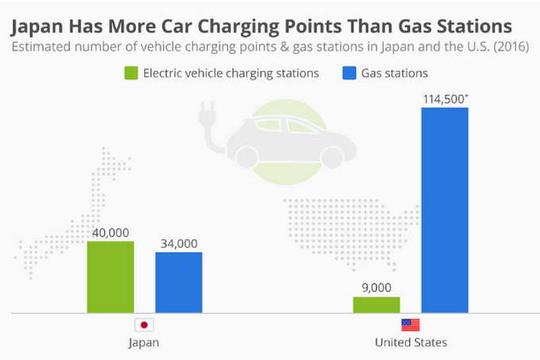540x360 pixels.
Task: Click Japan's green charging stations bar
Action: pos(110,276)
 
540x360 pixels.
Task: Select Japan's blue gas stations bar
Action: pos(179,282)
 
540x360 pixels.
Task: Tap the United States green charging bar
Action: pos(376,304)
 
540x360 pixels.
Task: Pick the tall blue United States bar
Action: pos(445,210)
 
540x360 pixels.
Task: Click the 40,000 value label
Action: pos(110,233)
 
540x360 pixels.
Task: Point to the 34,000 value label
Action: pos(179,244)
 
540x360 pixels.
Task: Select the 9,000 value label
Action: pos(376,288)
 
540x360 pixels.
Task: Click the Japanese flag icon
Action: pos(144,325)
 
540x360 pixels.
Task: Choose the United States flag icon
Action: pos(411,325)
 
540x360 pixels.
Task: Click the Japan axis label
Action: pos(144,343)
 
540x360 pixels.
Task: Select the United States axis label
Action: pos(411,343)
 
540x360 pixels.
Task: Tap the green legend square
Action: pos(132,74)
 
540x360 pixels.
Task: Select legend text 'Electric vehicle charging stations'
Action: pos(232,74)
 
